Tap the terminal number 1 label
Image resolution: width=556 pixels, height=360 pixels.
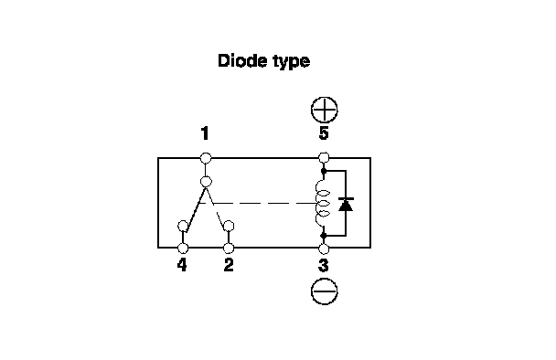(x=205, y=133)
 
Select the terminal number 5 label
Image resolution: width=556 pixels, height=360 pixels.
(x=324, y=133)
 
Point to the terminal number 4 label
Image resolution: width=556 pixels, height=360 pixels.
(x=182, y=265)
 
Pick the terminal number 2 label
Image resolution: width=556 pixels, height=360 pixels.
(x=229, y=265)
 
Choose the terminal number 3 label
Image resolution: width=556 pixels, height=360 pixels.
(x=324, y=265)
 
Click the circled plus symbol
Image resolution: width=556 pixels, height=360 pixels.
(x=324, y=110)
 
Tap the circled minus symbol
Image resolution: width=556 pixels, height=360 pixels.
(x=324, y=291)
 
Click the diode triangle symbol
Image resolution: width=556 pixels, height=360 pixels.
(x=346, y=205)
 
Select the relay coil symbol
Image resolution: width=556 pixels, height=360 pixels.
(x=322, y=204)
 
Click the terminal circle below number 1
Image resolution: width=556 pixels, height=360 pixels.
(x=206, y=158)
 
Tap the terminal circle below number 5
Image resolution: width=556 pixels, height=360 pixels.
(x=324, y=158)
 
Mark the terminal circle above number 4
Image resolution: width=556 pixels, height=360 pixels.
(x=183, y=248)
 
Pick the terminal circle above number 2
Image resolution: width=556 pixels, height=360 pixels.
(x=229, y=248)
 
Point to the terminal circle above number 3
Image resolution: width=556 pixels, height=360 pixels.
(x=324, y=249)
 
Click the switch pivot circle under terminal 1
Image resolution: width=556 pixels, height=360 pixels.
(x=206, y=182)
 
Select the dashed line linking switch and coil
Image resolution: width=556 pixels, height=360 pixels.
(x=258, y=204)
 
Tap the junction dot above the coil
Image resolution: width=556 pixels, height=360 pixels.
(x=324, y=171)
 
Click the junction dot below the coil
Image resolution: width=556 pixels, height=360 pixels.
(x=324, y=235)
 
